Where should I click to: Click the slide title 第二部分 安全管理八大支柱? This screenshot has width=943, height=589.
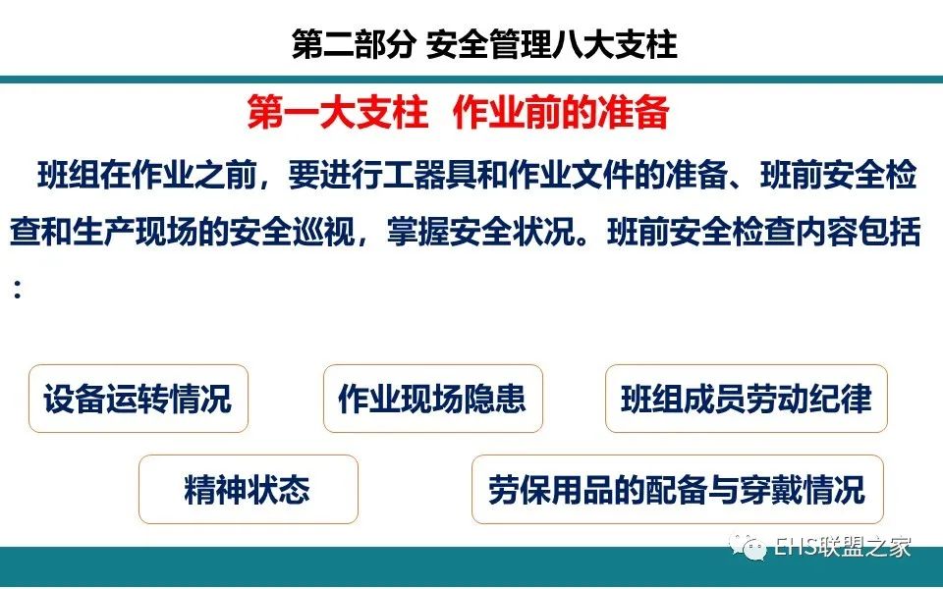point(484,44)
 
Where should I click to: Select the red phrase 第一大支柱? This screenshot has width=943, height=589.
point(337,112)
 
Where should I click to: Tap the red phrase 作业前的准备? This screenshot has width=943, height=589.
point(561,112)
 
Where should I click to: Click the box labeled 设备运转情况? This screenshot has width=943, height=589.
point(139,399)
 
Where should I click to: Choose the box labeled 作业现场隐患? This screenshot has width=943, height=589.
point(433,399)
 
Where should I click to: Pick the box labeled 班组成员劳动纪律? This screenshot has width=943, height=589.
point(747,399)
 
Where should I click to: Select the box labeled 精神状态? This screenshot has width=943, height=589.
point(249,489)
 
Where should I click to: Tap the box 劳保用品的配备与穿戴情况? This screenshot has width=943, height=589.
point(677,489)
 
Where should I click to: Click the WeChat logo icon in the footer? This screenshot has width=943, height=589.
point(747,548)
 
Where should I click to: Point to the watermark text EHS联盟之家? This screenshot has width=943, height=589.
point(842,548)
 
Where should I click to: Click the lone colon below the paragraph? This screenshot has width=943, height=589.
point(18,289)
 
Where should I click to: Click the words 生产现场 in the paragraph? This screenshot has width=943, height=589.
point(135,232)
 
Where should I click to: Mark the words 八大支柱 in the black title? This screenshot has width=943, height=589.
point(615,44)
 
